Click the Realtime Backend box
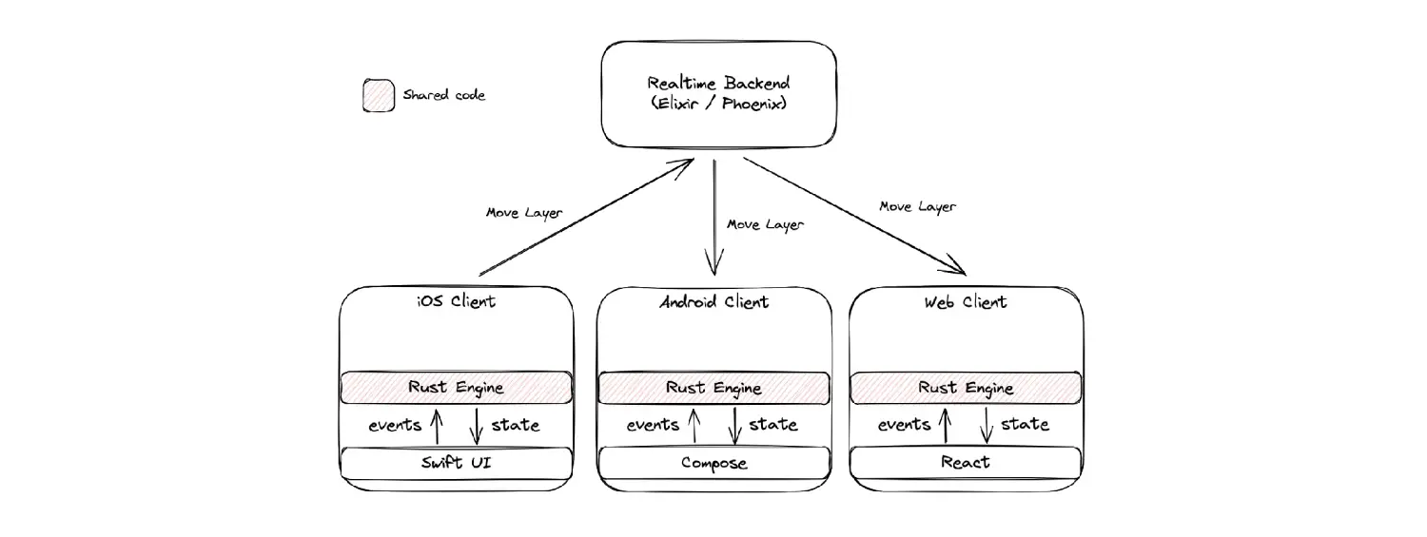coord(718,94)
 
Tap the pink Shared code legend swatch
coord(379,95)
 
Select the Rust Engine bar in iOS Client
coord(457,388)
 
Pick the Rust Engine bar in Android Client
coord(713,388)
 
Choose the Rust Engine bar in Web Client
coord(966,388)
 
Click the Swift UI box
coord(457,463)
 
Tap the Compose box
coord(713,463)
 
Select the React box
coord(966,463)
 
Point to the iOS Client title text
coord(456,302)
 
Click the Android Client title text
coord(713,302)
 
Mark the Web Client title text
coord(965,302)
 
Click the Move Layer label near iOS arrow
coord(523,212)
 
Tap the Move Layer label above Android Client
coord(765,224)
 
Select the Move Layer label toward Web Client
coord(917,205)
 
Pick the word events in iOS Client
coord(395,425)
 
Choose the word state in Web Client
coord(1025,424)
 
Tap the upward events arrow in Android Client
coord(693,425)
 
